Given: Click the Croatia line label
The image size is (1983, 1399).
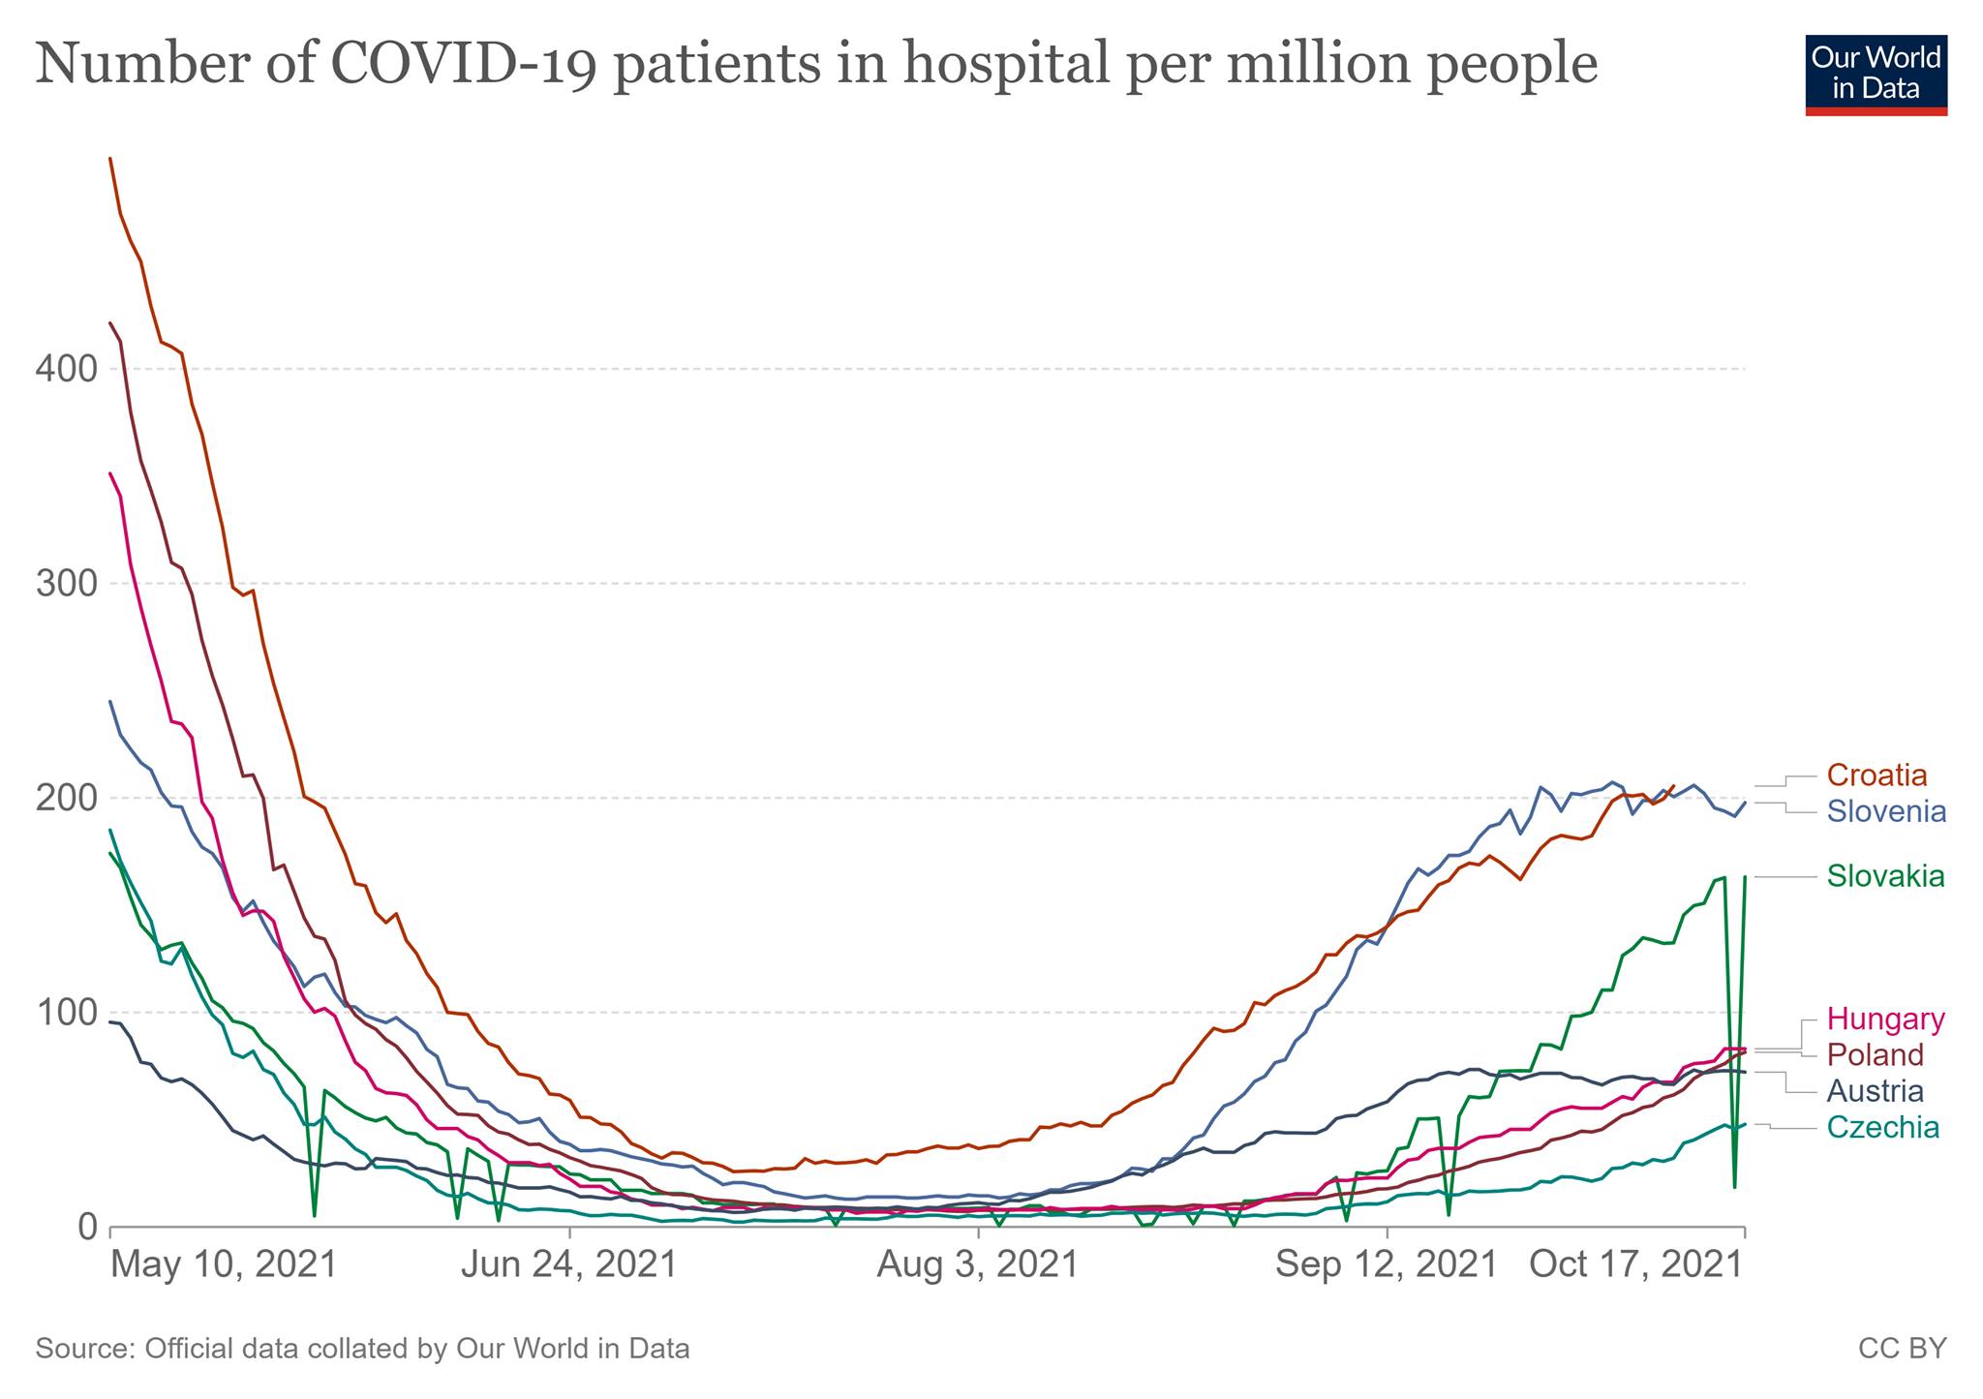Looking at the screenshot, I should pyautogui.click(x=1876, y=776).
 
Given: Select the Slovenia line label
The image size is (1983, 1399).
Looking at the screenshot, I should pyautogui.click(x=1886, y=811).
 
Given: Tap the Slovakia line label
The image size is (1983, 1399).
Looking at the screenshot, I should pyautogui.click(x=1885, y=876).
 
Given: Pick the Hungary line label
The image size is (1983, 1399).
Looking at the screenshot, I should pyautogui.click(x=1885, y=1019).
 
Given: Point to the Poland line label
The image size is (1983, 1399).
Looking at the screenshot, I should pyautogui.click(x=1875, y=1054).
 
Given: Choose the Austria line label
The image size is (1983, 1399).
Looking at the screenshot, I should pyautogui.click(x=1875, y=1091).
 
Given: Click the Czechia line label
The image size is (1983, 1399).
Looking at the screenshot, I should pyautogui.click(x=1882, y=1127).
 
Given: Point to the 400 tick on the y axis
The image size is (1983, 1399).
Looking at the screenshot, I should pyautogui.click(x=67, y=369).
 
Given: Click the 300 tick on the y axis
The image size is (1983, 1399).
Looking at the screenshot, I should pyautogui.click(x=67, y=584).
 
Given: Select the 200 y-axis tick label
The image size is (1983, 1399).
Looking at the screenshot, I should pyautogui.click(x=67, y=798).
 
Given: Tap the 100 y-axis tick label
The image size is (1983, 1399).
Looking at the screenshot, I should pyautogui.click(x=67, y=1013).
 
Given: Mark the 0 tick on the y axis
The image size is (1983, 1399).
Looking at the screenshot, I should pyautogui.click(x=87, y=1227).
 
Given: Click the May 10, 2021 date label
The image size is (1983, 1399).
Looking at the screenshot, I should pyautogui.click(x=224, y=1265).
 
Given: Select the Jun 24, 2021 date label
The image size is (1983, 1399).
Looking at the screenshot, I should pyautogui.click(x=568, y=1265).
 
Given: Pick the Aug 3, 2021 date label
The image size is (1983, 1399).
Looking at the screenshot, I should pyautogui.click(x=978, y=1265).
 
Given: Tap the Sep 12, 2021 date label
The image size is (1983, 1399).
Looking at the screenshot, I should pyautogui.click(x=1386, y=1265).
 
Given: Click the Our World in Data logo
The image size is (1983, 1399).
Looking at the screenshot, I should pyautogui.click(x=1876, y=76).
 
